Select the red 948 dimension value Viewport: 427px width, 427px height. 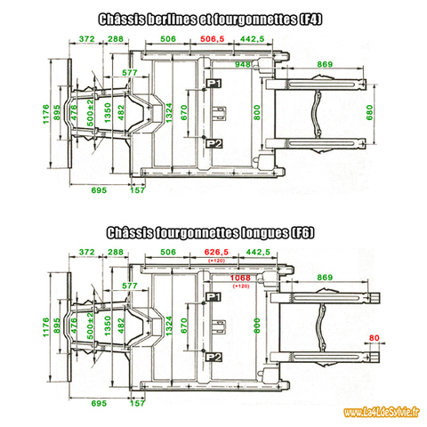242,64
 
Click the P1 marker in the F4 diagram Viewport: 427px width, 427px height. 213,83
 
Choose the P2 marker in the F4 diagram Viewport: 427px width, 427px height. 213,143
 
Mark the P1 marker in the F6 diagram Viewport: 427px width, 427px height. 213,296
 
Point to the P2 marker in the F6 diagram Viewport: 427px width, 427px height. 213,357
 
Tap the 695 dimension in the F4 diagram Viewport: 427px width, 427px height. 98,190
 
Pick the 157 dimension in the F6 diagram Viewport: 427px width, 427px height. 137,404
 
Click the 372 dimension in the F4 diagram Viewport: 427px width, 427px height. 86,40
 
